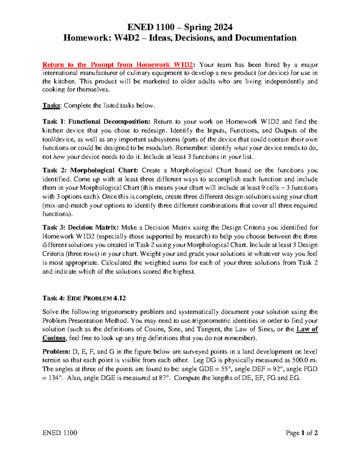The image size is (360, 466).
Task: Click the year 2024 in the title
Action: [221, 27]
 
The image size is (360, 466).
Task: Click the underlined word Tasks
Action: [51, 106]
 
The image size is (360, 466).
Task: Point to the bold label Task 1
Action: [53, 122]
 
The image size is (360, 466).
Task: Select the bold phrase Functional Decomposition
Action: [109, 122]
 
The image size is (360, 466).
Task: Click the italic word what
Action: [240, 148]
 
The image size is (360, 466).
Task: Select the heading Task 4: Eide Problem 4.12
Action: [84, 298]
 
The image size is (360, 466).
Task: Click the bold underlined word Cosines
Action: [54, 338]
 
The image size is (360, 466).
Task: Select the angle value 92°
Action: [278, 369]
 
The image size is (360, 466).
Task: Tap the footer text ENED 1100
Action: [60, 433]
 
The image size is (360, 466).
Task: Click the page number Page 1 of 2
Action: [301, 433]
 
